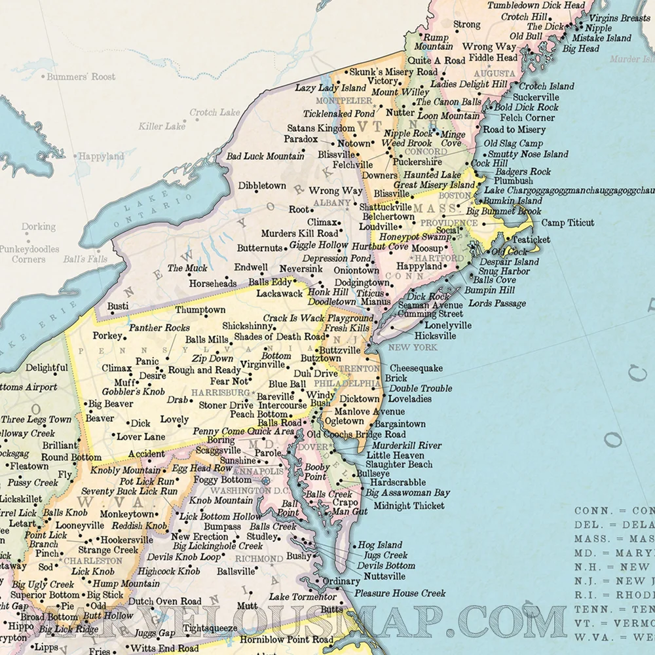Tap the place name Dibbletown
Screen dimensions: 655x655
coord(262,186)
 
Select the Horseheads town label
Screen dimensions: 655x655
coord(213,284)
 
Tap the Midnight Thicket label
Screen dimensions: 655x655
coord(409,506)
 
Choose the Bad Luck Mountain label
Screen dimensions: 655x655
coord(265,157)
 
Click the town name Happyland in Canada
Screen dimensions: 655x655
coord(101,157)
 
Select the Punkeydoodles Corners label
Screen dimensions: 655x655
coord(29,254)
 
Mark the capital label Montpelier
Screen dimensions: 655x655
coord(344,101)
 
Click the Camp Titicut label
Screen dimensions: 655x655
coord(568,223)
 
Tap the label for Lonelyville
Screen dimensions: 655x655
coord(448,325)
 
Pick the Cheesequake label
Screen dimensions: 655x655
coord(416,368)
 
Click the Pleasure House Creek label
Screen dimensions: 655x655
coord(400,593)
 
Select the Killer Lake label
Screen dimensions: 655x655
coord(162,126)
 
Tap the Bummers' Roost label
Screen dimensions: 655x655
coord(81,77)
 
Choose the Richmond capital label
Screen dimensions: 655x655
coord(260,559)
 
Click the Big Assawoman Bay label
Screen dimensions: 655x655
coord(407,493)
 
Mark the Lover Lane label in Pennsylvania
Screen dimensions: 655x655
coord(141,436)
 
